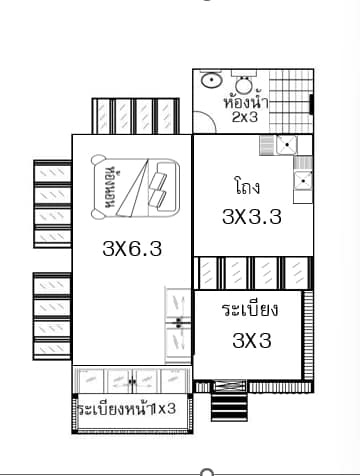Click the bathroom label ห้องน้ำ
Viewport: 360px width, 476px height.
tap(246, 102)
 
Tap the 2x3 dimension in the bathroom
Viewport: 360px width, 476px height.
tap(245, 117)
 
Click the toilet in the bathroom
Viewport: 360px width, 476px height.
tap(244, 82)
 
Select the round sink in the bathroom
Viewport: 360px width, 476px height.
tap(211, 80)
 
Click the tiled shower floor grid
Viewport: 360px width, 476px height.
tap(291, 101)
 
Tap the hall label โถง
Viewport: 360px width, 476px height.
tap(247, 187)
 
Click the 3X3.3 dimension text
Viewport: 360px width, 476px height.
tap(252, 217)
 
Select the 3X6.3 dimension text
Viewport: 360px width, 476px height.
tap(132, 248)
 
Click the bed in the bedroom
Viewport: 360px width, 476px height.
tap(135, 187)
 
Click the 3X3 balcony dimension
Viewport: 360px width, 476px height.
tap(252, 341)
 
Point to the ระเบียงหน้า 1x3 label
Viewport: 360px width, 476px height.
tap(127, 408)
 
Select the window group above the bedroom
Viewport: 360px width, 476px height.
tap(135, 116)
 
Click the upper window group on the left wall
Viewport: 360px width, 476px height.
tap(52, 204)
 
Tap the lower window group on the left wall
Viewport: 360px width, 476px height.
tap(52, 316)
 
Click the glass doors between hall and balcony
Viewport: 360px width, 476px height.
tap(253, 273)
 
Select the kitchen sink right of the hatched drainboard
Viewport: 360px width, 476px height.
tap(287, 145)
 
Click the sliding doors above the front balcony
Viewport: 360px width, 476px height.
tap(132, 380)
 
